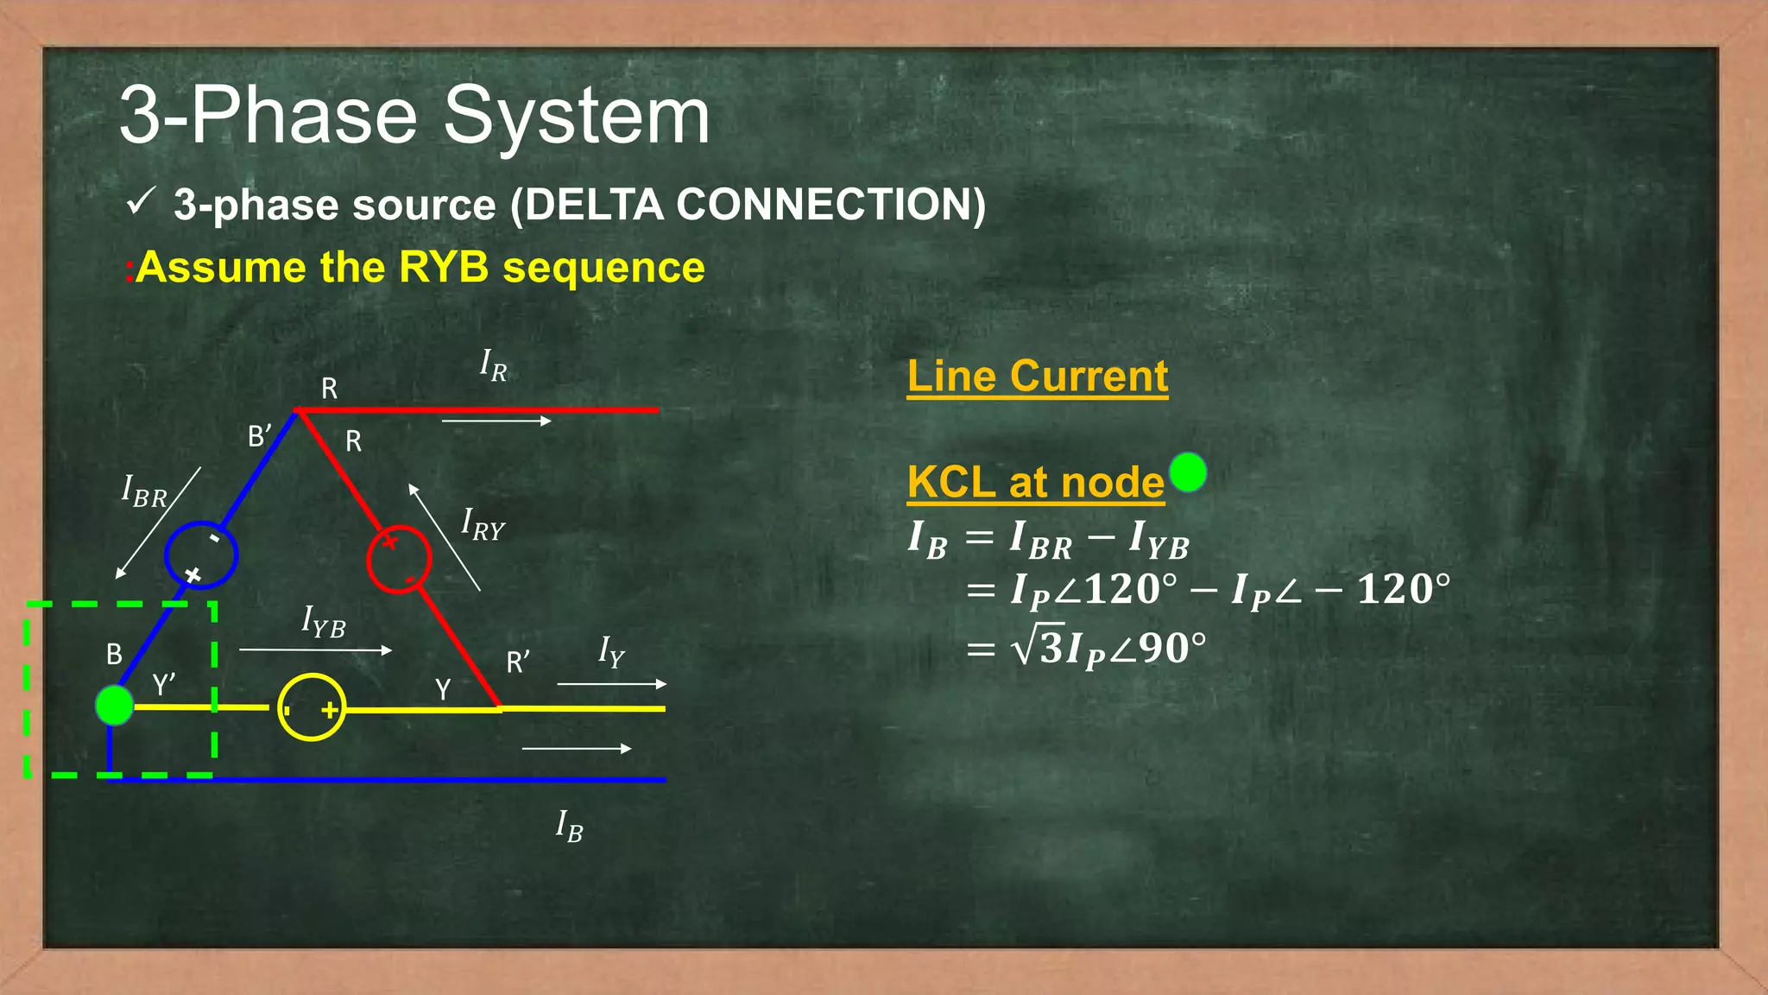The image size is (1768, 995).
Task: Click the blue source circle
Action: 201,555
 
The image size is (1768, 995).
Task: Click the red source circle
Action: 399,559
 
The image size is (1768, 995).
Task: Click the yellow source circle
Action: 312,707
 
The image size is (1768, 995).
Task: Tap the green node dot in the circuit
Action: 114,705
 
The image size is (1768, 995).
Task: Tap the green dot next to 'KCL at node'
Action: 1187,472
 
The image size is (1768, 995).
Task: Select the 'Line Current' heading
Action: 1037,377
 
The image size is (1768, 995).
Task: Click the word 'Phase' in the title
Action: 304,117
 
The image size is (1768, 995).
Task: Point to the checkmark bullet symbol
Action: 140,202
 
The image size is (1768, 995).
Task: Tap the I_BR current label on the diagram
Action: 144,491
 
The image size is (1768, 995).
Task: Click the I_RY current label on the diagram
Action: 483,524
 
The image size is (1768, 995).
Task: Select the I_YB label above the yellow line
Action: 324,622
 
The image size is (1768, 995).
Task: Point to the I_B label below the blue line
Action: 569,826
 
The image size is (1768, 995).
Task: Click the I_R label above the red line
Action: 493,365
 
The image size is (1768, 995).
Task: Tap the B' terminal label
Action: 260,436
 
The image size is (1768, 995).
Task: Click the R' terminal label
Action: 518,662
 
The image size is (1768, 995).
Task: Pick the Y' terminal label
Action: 164,685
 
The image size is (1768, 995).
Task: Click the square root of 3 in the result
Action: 1039,647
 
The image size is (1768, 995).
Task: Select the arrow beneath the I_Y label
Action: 611,684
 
